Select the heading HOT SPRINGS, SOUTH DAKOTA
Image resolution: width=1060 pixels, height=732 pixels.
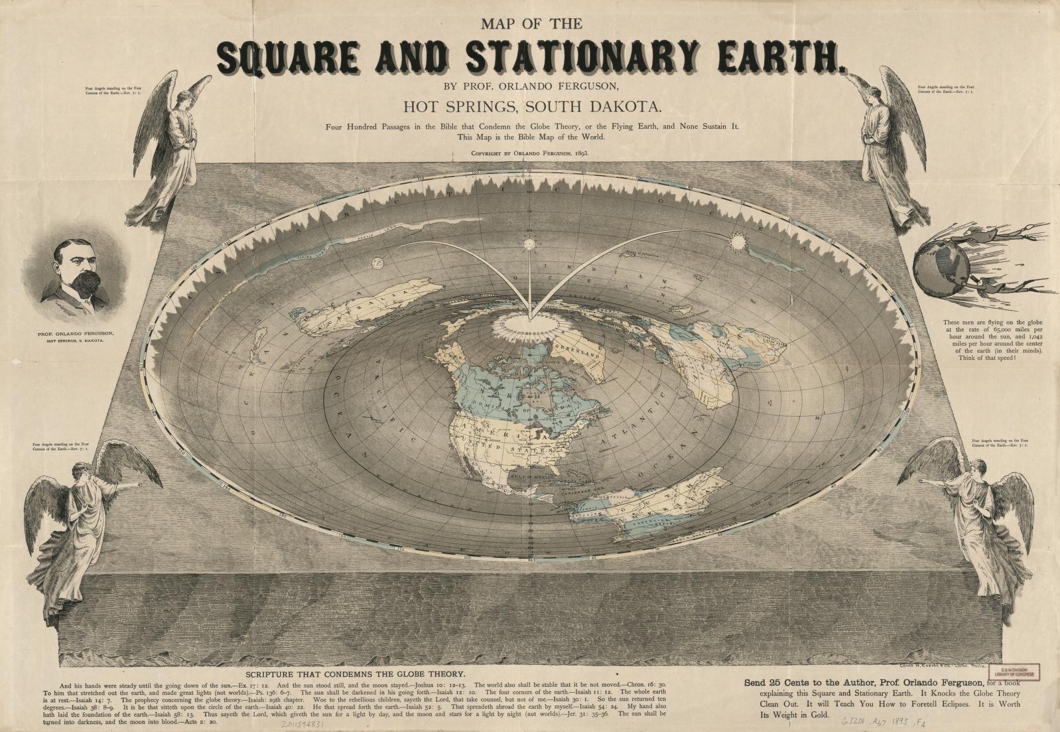tap(530, 106)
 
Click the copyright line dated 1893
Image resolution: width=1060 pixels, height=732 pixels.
tap(530, 153)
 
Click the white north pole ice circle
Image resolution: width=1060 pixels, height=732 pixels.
tap(529, 324)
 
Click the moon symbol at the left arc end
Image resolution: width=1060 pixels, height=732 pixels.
tap(375, 262)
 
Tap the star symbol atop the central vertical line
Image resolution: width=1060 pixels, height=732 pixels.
tap(529, 244)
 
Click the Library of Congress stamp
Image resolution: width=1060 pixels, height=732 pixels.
tap(1020, 672)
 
